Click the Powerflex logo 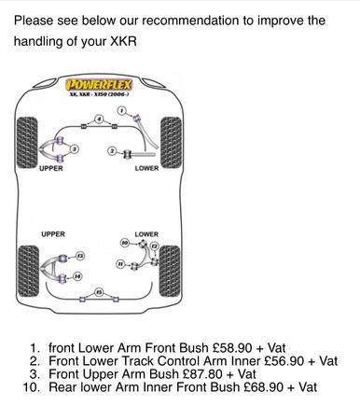[x=99, y=85]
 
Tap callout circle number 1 [x=122, y=110]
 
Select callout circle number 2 [x=112, y=151]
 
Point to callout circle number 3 [x=75, y=149]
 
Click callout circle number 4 [x=99, y=119]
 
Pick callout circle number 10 [x=125, y=243]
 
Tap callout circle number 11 [x=120, y=264]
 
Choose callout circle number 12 [x=155, y=246]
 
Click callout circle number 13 [x=80, y=256]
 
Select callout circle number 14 [x=77, y=276]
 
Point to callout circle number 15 [x=99, y=292]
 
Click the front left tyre [x=27, y=142]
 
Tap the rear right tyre [x=170, y=271]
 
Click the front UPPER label [x=51, y=168]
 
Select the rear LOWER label [x=146, y=234]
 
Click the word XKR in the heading [x=123, y=41]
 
